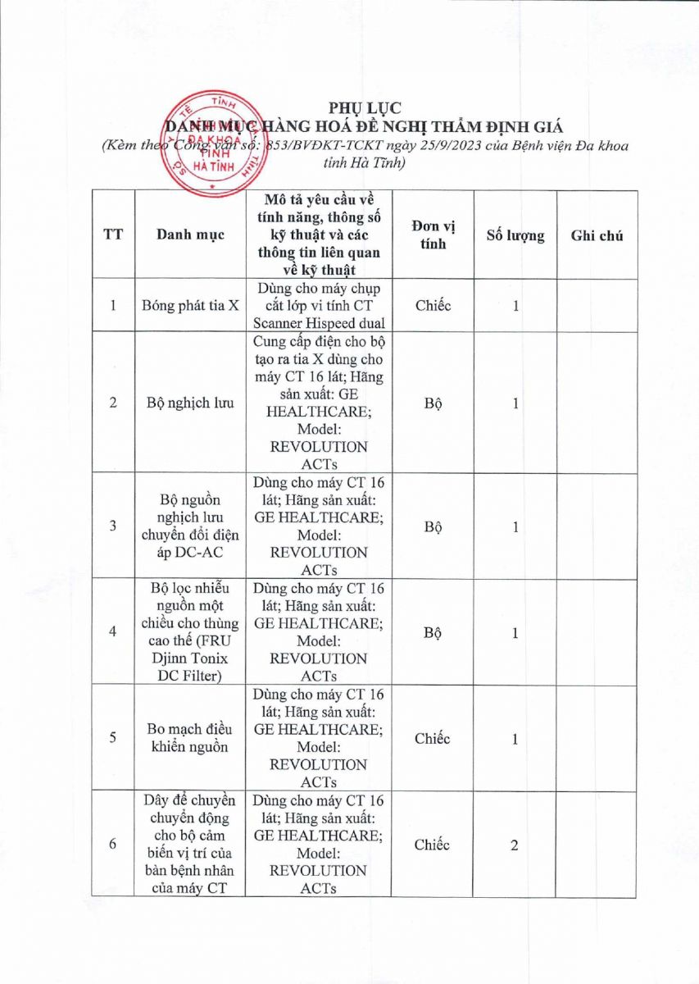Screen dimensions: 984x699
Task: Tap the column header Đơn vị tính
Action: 433,235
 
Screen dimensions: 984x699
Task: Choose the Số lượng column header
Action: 515,235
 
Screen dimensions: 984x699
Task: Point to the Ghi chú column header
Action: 597,235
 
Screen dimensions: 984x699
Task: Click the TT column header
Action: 113,235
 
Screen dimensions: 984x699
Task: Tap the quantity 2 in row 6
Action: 515,845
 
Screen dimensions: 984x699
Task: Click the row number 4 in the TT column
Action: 113,632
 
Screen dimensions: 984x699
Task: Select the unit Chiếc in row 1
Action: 433,305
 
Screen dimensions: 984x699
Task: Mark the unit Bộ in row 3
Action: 433,526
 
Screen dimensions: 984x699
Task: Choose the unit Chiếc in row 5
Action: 433,739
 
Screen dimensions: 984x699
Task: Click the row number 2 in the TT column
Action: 113,403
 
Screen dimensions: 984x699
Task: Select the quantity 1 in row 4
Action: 515,632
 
